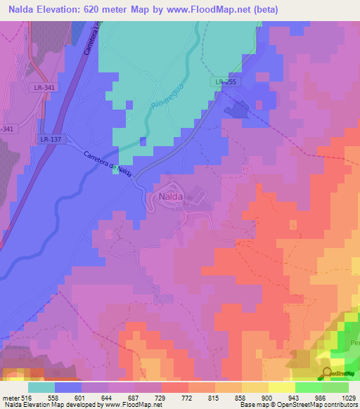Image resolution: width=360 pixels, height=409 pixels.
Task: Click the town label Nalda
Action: [172, 197]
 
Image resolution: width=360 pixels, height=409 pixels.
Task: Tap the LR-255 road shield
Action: [225, 82]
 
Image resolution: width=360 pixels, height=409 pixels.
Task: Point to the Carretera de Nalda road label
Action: [107, 164]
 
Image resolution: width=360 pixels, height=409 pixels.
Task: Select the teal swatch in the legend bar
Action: [41, 387]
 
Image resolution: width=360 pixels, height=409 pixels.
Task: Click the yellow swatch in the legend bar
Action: [282, 387]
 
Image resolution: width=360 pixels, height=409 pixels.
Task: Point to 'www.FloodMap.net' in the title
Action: [216, 10]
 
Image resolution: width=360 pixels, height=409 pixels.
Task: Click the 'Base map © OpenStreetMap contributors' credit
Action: [298, 405]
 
